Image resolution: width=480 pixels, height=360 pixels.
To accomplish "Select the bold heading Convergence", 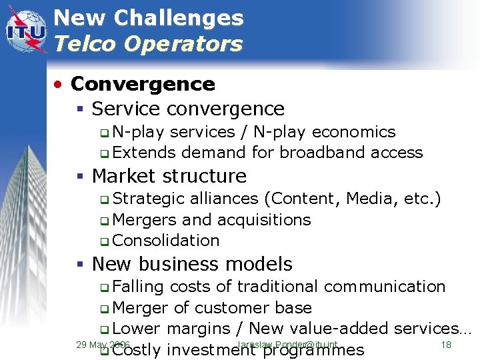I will click(143, 84).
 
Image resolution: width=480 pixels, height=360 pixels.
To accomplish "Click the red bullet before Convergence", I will click(60, 85).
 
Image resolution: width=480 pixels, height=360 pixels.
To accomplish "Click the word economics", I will click(353, 132).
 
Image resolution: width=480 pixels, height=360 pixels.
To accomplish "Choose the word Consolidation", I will click(166, 240).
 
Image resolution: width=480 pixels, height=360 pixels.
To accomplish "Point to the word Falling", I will click(138, 286).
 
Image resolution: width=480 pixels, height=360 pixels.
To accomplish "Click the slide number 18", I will click(446, 345).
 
